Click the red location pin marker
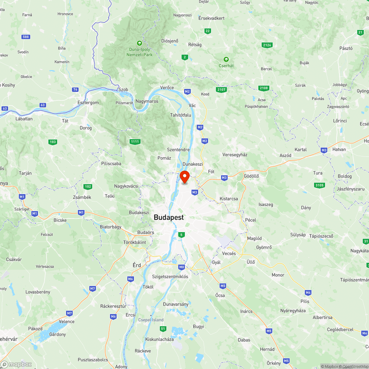pos(184,176)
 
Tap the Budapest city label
pos(169,218)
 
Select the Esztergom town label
pos(88,102)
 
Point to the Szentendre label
pos(178,149)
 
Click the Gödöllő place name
pos(251,176)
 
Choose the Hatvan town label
pos(339,149)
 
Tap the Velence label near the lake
pos(67,321)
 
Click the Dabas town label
pos(244,340)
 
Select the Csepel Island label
pos(151,320)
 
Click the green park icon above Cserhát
pos(226,59)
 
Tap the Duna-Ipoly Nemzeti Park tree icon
pos(139,43)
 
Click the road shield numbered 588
pos(25,37)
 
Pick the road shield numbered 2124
pos(267,45)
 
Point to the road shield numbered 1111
pos(135,142)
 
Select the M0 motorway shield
pos(181,267)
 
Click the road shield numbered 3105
pos(319,184)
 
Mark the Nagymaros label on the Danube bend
pos(147,101)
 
